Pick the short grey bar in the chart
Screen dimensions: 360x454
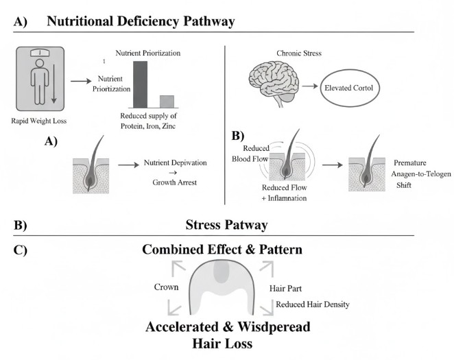(x=167, y=101)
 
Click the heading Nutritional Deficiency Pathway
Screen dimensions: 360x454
(x=141, y=21)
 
